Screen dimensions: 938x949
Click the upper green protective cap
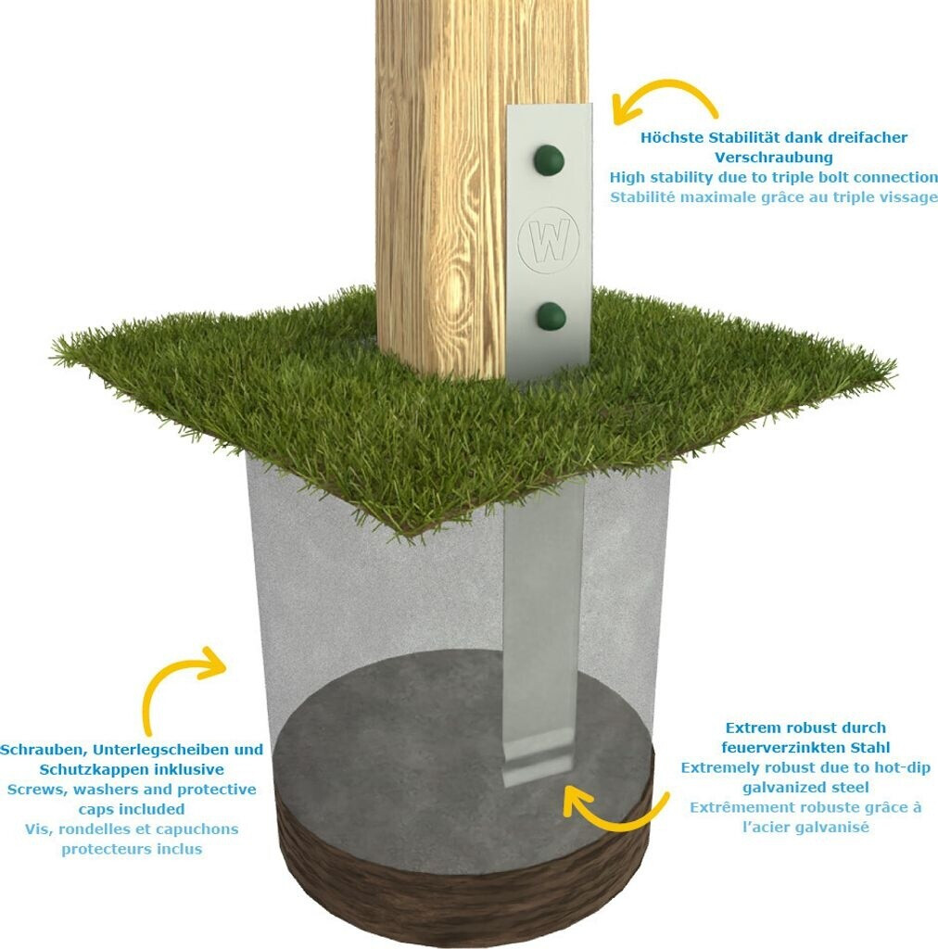(549, 160)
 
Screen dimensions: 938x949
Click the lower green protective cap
(551, 317)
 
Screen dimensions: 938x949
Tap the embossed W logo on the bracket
(549, 240)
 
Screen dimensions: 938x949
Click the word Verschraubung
(773, 158)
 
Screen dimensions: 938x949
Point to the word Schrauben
(44, 750)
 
